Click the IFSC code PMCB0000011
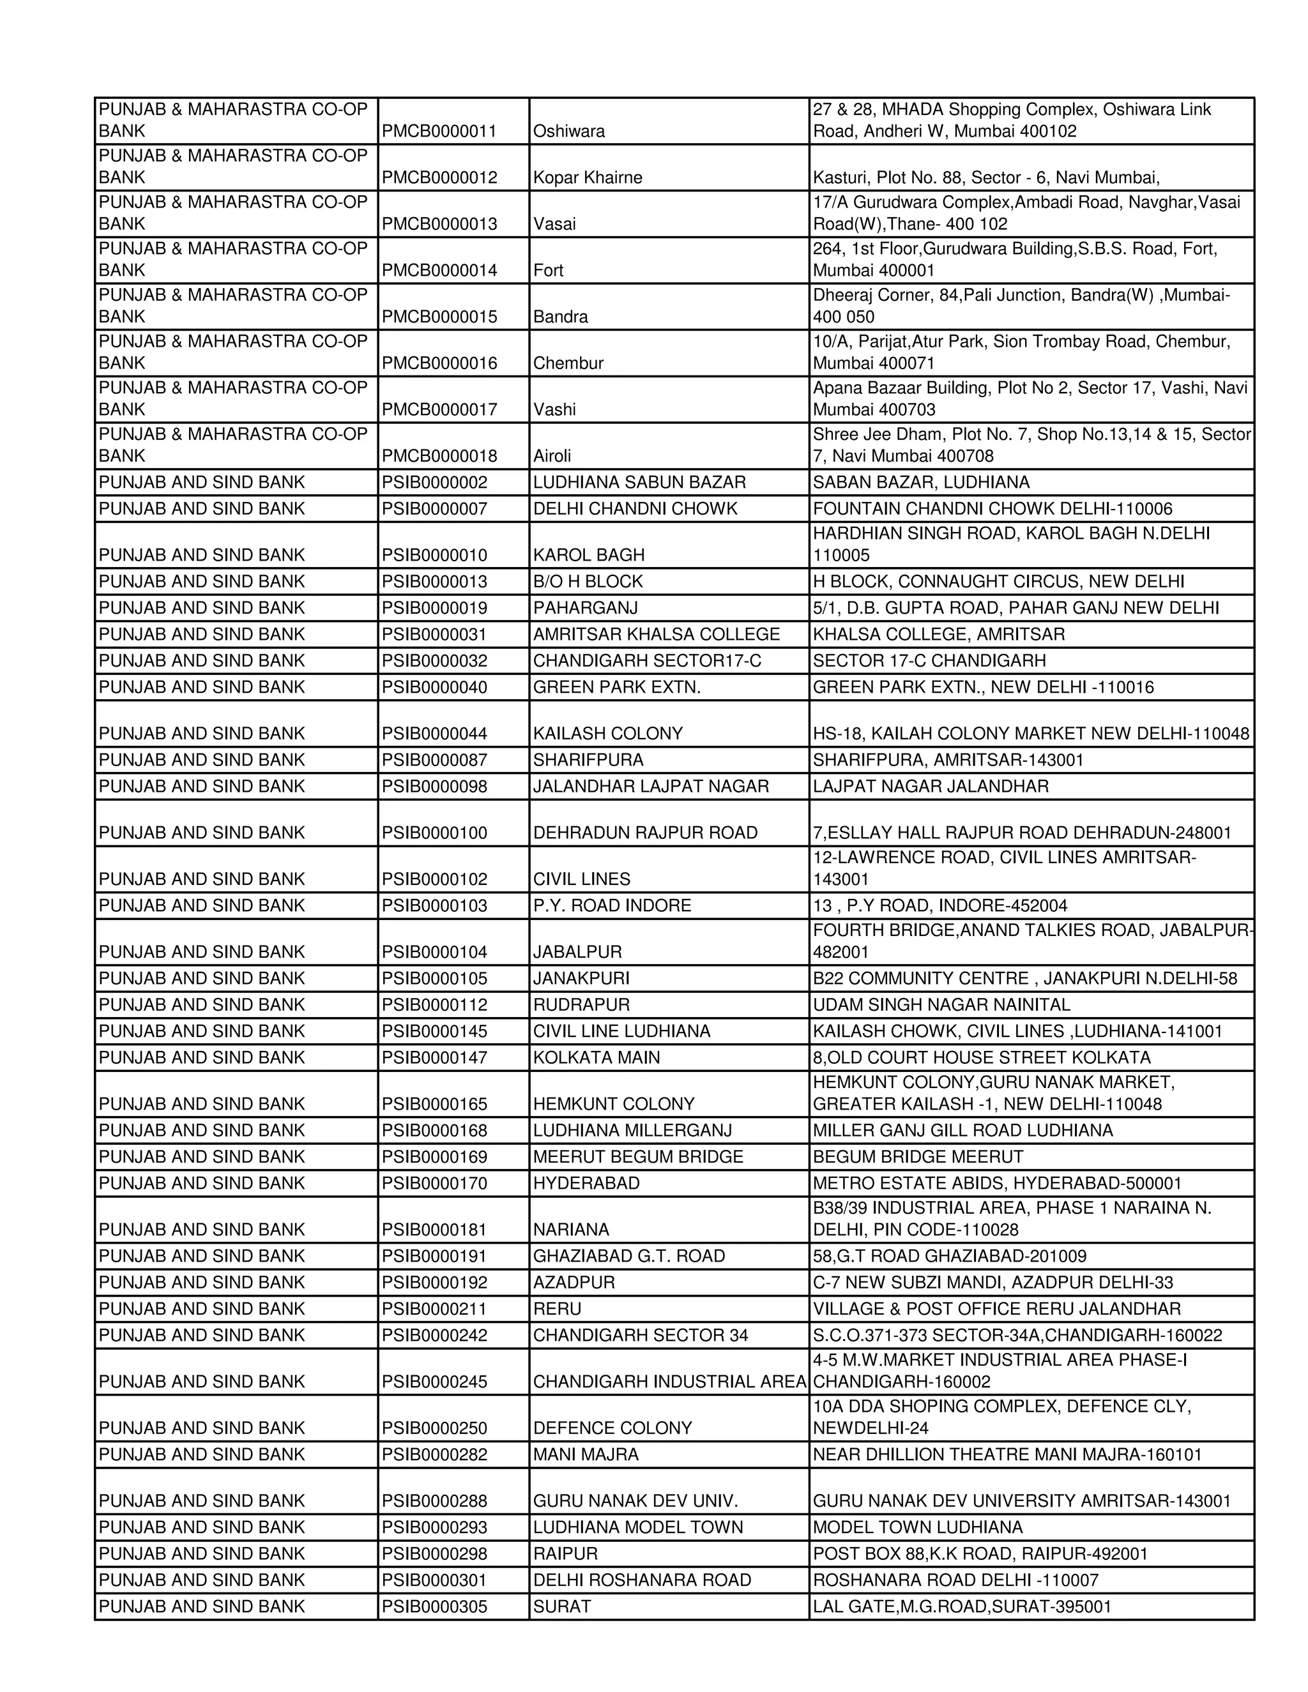point(439,131)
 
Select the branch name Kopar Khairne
point(588,178)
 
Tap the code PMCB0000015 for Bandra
point(439,317)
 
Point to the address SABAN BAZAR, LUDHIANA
point(920,483)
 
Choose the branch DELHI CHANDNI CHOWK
point(635,509)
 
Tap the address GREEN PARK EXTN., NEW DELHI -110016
point(982,687)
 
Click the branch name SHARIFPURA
point(588,760)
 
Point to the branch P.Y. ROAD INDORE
point(612,905)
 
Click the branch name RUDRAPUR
point(581,1005)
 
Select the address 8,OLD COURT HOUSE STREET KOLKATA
point(981,1057)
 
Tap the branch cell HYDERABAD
point(586,1183)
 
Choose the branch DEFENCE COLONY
point(612,1428)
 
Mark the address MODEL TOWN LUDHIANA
point(918,1527)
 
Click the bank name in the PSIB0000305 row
point(201,1606)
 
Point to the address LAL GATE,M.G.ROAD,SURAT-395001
point(962,1606)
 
